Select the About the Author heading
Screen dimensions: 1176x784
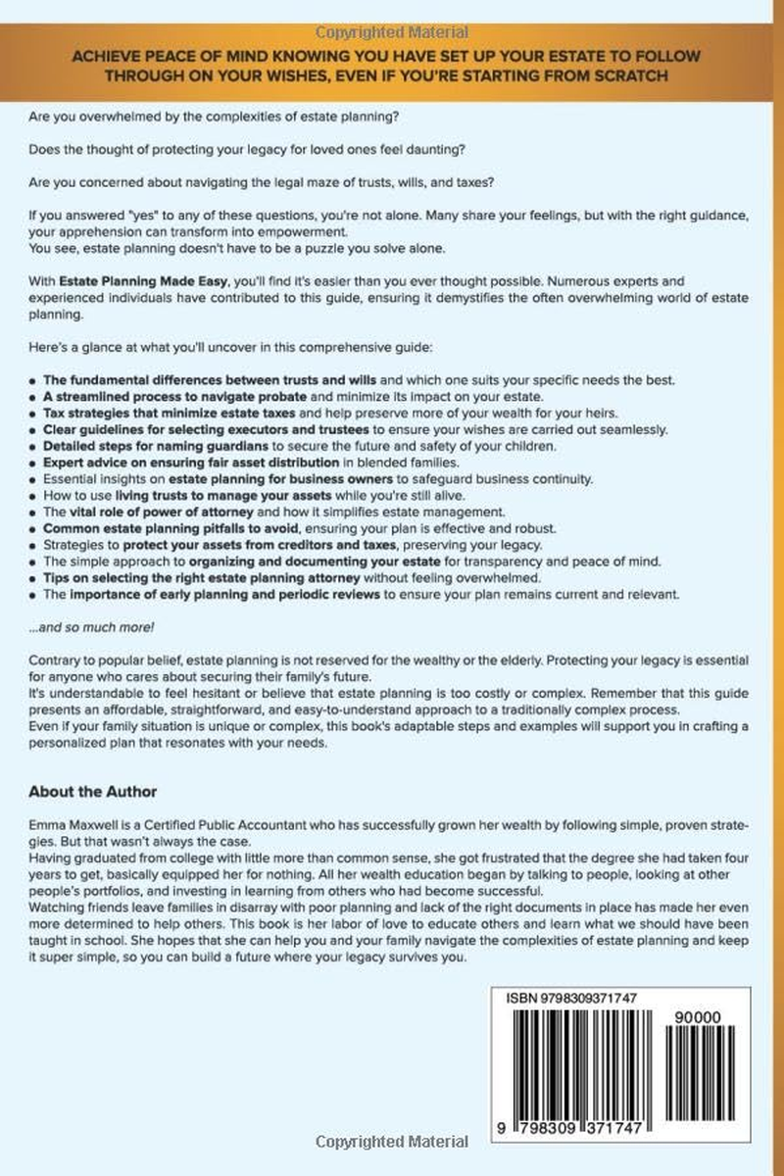pyautogui.click(x=93, y=791)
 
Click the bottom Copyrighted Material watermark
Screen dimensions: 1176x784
pyautogui.click(x=392, y=1142)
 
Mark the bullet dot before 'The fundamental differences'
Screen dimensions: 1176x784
pyautogui.click(x=34, y=382)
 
